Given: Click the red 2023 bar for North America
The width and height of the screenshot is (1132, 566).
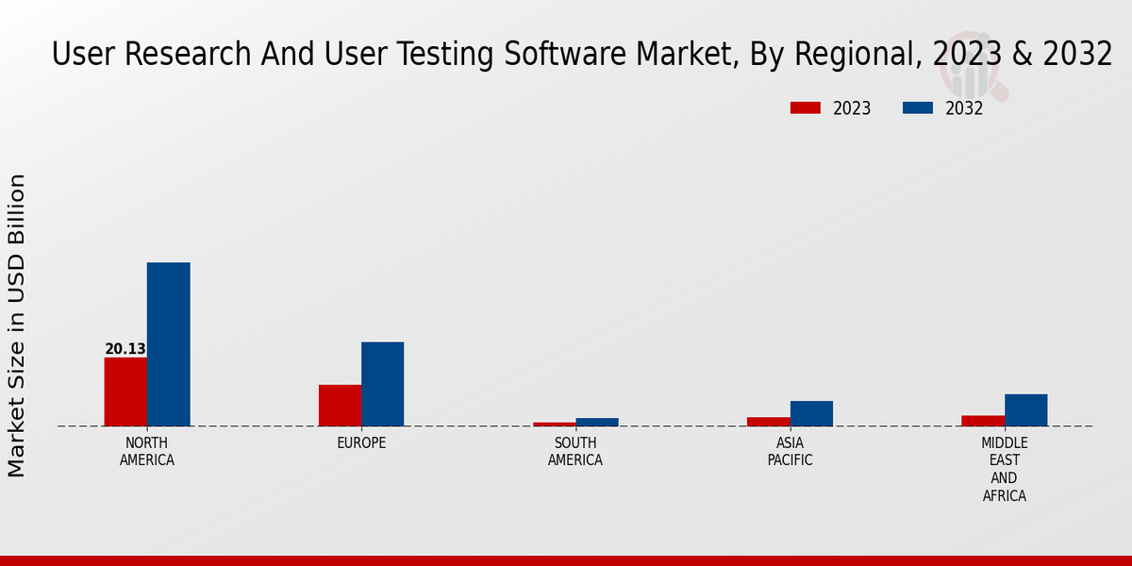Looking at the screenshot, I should pos(125,391).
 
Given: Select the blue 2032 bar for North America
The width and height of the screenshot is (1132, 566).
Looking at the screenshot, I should pos(168,344).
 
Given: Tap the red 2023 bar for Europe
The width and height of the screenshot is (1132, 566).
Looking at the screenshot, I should pos(340,405).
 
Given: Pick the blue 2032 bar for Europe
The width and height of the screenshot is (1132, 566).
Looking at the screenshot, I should pos(382,384).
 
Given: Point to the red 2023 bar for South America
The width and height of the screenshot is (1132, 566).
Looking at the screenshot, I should pos(554,424).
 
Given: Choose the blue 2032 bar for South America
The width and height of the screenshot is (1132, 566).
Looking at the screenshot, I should pos(597,422).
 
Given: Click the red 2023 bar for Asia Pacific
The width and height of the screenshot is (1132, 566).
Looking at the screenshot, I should pos(769,421).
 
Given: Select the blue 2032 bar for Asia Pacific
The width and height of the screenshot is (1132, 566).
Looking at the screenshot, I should pos(811,413).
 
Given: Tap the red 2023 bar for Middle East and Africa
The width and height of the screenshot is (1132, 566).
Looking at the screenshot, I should pos(983,420).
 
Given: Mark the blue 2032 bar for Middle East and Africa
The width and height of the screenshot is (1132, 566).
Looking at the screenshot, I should pos(1025,409).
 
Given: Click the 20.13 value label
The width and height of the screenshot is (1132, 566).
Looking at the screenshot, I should pos(125,349).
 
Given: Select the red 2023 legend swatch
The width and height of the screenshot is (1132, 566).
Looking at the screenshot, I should pos(805,108).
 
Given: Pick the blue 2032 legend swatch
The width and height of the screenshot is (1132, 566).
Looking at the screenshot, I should pos(917,108).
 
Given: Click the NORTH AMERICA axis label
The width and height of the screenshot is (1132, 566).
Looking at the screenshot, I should pos(147,452).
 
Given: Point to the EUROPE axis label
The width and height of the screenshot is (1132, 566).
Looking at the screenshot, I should pos(361,443).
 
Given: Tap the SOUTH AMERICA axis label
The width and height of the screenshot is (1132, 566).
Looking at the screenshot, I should pos(575,452).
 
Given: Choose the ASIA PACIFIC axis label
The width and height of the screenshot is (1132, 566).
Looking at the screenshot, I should pos(790,452).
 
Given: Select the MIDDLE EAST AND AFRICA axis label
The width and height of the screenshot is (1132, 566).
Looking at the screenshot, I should pos(1005,469).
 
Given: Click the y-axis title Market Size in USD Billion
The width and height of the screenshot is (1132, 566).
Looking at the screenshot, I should pos(17,325).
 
